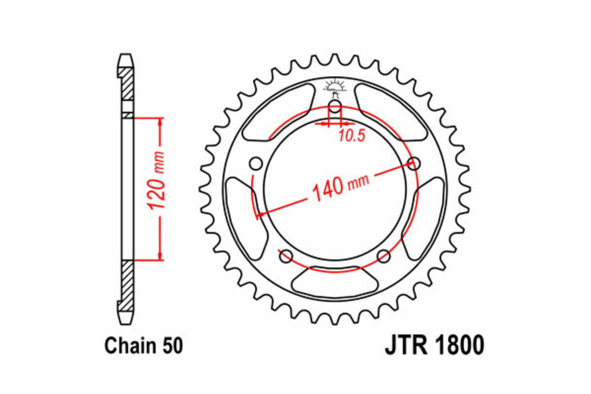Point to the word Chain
130,346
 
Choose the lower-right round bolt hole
384,256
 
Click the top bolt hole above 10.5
335,108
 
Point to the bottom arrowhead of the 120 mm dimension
160,256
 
